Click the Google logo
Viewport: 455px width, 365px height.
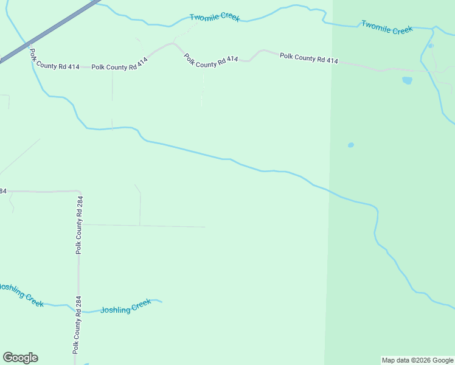click(x=21, y=358)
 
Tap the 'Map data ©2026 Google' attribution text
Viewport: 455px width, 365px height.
click(x=417, y=360)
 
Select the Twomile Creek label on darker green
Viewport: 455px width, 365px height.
click(x=387, y=27)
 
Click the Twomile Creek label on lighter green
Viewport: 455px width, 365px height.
click(x=214, y=17)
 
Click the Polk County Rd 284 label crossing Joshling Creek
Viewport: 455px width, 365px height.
click(x=77, y=325)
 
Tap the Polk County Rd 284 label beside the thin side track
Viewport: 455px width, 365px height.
click(x=79, y=225)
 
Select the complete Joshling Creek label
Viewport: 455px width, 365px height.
click(x=125, y=307)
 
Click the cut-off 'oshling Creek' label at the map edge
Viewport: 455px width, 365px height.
click(x=22, y=295)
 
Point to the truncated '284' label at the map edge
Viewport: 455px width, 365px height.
click(x=2, y=191)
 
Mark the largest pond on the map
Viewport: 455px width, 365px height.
click(x=407, y=80)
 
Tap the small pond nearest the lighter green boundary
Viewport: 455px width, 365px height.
click(x=350, y=145)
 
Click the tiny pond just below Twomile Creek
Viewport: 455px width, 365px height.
click(x=431, y=46)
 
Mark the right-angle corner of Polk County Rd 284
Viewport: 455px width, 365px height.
click(x=77, y=192)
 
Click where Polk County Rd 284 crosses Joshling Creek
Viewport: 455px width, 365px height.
click(x=78, y=310)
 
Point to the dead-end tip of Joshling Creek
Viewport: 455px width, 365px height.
click(x=161, y=301)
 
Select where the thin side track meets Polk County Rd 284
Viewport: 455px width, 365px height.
click(x=81, y=224)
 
